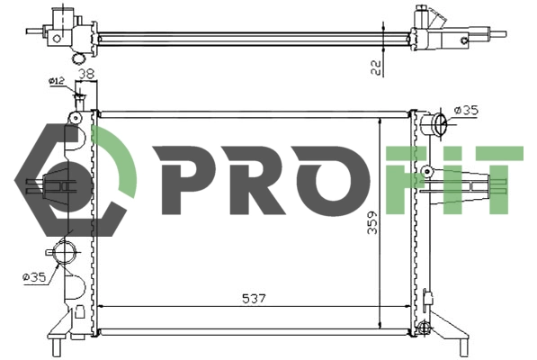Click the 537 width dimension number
pyautogui.click(x=254, y=299)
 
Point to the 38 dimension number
pyautogui.click(x=86, y=75)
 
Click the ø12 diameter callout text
pyautogui.click(x=57, y=82)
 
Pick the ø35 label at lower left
pyautogui.click(x=34, y=278)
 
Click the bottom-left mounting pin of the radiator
pyautogui.click(x=56, y=346)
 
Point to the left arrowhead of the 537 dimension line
pyautogui.click(x=100, y=307)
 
